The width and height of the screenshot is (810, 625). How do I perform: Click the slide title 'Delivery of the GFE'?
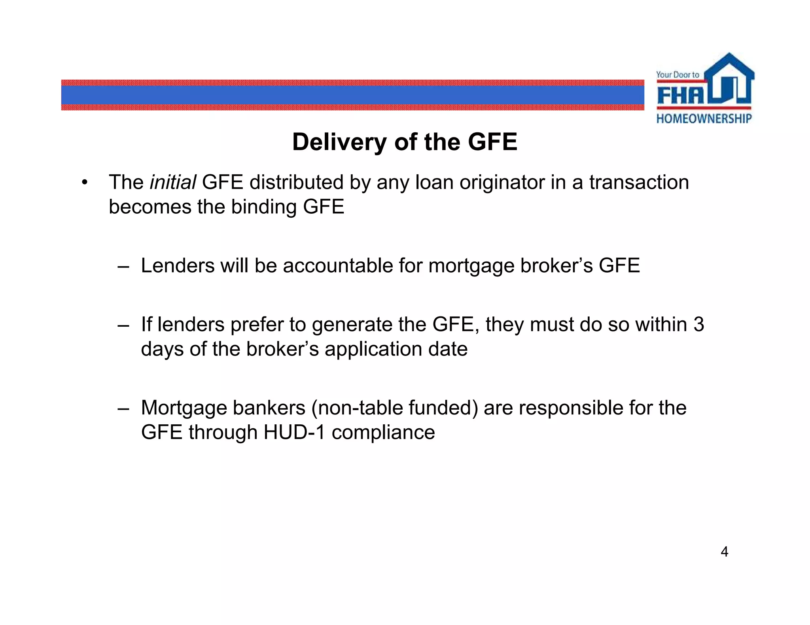coord(405,142)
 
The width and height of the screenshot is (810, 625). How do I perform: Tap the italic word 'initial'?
coord(173,183)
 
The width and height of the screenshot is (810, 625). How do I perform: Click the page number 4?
coord(724,552)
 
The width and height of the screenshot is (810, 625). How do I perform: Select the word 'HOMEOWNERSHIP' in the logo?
coord(704,119)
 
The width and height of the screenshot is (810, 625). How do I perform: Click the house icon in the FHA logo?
coord(729,79)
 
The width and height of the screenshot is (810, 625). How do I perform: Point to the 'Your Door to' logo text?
coord(678,75)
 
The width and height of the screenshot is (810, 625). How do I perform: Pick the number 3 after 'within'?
coord(698,325)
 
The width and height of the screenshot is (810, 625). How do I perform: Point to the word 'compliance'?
coord(383,432)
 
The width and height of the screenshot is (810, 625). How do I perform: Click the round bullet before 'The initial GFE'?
coord(84,183)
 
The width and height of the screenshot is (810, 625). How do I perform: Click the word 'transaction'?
coord(639,183)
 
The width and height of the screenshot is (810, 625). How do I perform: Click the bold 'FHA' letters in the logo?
coord(681,95)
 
